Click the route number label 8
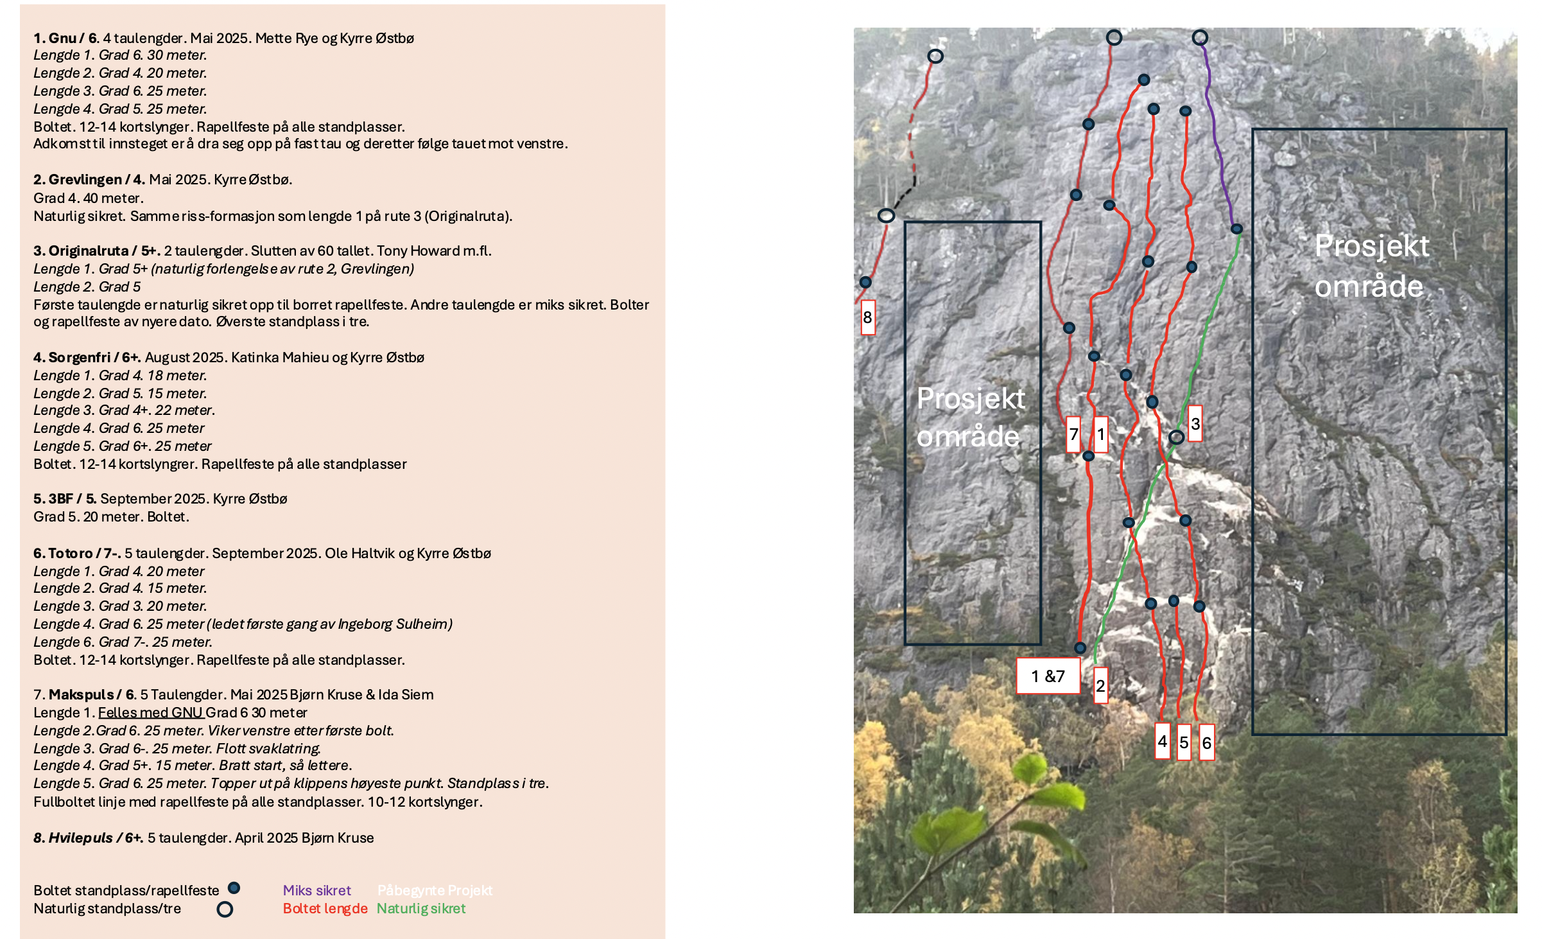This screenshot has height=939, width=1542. [867, 317]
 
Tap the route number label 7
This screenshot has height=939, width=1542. [1073, 434]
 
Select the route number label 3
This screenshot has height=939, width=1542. [1195, 423]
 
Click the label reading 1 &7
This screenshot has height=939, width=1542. [1048, 676]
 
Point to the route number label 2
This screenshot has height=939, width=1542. [1100, 686]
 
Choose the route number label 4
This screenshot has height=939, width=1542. [1162, 741]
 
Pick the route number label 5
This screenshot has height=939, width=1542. [1184, 742]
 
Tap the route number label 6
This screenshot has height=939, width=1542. [1207, 742]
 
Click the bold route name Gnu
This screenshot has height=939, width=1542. [62, 38]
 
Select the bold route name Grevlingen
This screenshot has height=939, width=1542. [85, 179]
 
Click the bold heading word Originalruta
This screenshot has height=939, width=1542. [88, 250]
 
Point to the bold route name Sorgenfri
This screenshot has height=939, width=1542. [80, 357]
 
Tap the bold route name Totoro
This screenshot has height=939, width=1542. [71, 553]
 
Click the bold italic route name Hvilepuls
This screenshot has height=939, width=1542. [80, 838]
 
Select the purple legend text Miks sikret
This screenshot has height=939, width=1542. [316, 890]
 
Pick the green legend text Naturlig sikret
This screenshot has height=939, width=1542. [421, 908]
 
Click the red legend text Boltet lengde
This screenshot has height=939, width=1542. [325, 908]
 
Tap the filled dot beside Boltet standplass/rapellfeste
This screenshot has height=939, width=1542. [234, 888]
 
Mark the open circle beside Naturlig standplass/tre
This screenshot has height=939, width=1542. [225, 909]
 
